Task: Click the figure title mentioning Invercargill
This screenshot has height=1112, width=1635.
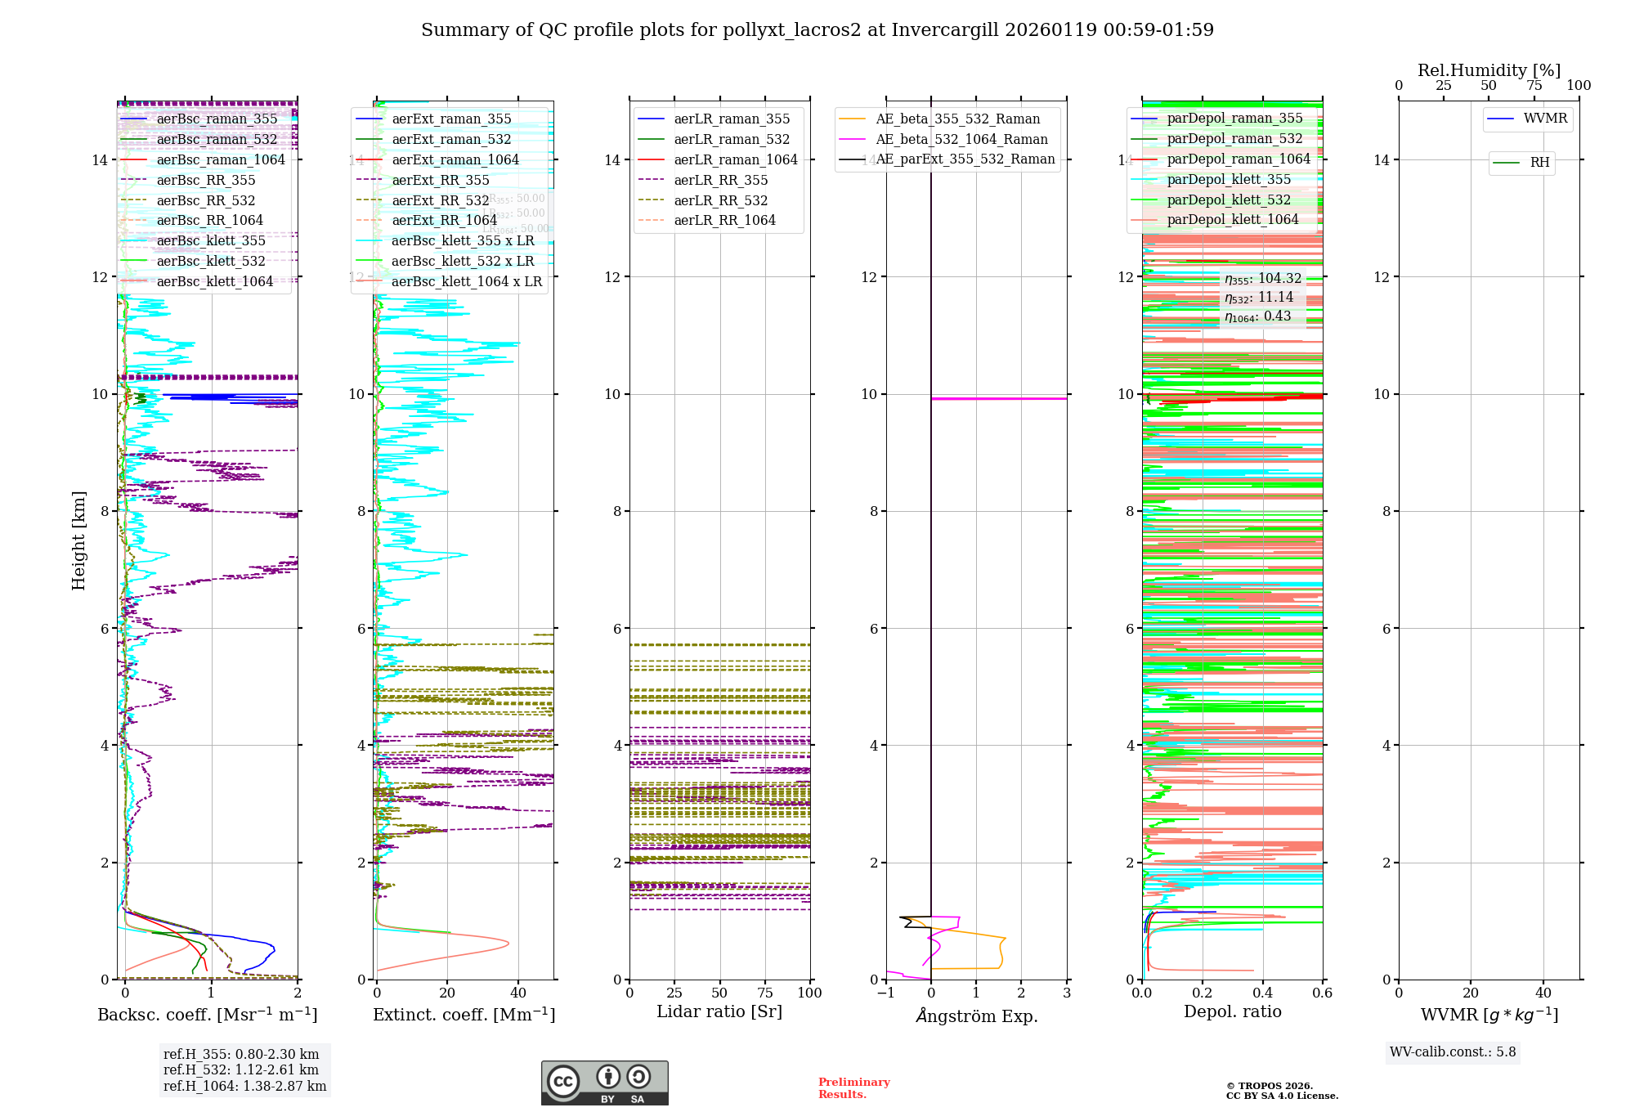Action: pyautogui.click(x=817, y=30)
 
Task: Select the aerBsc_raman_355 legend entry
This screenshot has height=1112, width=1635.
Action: pyautogui.click(x=217, y=119)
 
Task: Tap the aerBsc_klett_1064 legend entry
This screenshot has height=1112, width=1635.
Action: pyautogui.click(x=214, y=282)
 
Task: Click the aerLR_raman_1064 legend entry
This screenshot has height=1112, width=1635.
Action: pyautogui.click(x=735, y=160)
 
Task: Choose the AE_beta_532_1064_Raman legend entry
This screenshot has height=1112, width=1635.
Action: pyautogui.click(x=961, y=140)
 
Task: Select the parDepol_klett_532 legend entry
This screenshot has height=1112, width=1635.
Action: pyautogui.click(x=1228, y=200)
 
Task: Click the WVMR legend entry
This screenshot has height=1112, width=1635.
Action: pyautogui.click(x=1545, y=119)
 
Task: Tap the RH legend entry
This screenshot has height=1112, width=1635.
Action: pyautogui.click(x=1539, y=163)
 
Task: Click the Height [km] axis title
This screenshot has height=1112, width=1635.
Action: pyautogui.click(x=78, y=540)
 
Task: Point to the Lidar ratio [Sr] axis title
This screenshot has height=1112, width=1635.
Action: pyautogui.click(x=719, y=1012)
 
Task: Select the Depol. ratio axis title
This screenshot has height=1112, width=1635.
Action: pyautogui.click(x=1232, y=1012)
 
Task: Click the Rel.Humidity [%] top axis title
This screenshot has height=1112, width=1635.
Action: pyautogui.click(x=1489, y=70)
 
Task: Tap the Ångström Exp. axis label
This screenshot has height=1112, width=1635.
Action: pyautogui.click(x=976, y=1016)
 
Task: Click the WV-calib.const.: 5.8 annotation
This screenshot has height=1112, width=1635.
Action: pyautogui.click(x=1453, y=1052)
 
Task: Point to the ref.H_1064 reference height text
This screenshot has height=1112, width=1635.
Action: pyautogui.click(x=244, y=1087)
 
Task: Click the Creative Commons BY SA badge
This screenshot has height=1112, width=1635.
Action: pyautogui.click(x=604, y=1083)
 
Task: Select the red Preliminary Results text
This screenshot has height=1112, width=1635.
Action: pyautogui.click(x=853, y=1088)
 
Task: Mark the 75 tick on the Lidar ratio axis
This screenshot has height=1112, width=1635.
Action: pyautogui.click(x=765, y=993)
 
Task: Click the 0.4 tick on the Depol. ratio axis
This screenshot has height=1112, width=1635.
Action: pyautogui.click(x=1262, y=993)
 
